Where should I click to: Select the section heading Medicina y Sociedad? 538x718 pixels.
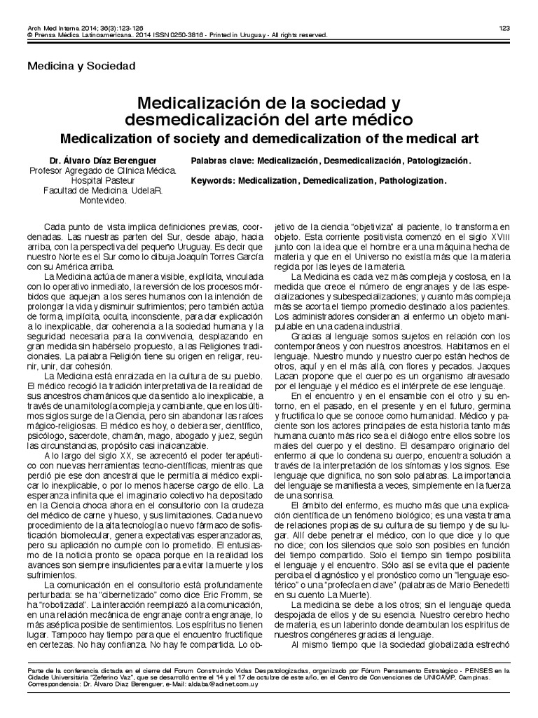coord(81,67)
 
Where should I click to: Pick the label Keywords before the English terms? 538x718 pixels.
coord(212,180)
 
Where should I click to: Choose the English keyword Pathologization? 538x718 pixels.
coord(413,180)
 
